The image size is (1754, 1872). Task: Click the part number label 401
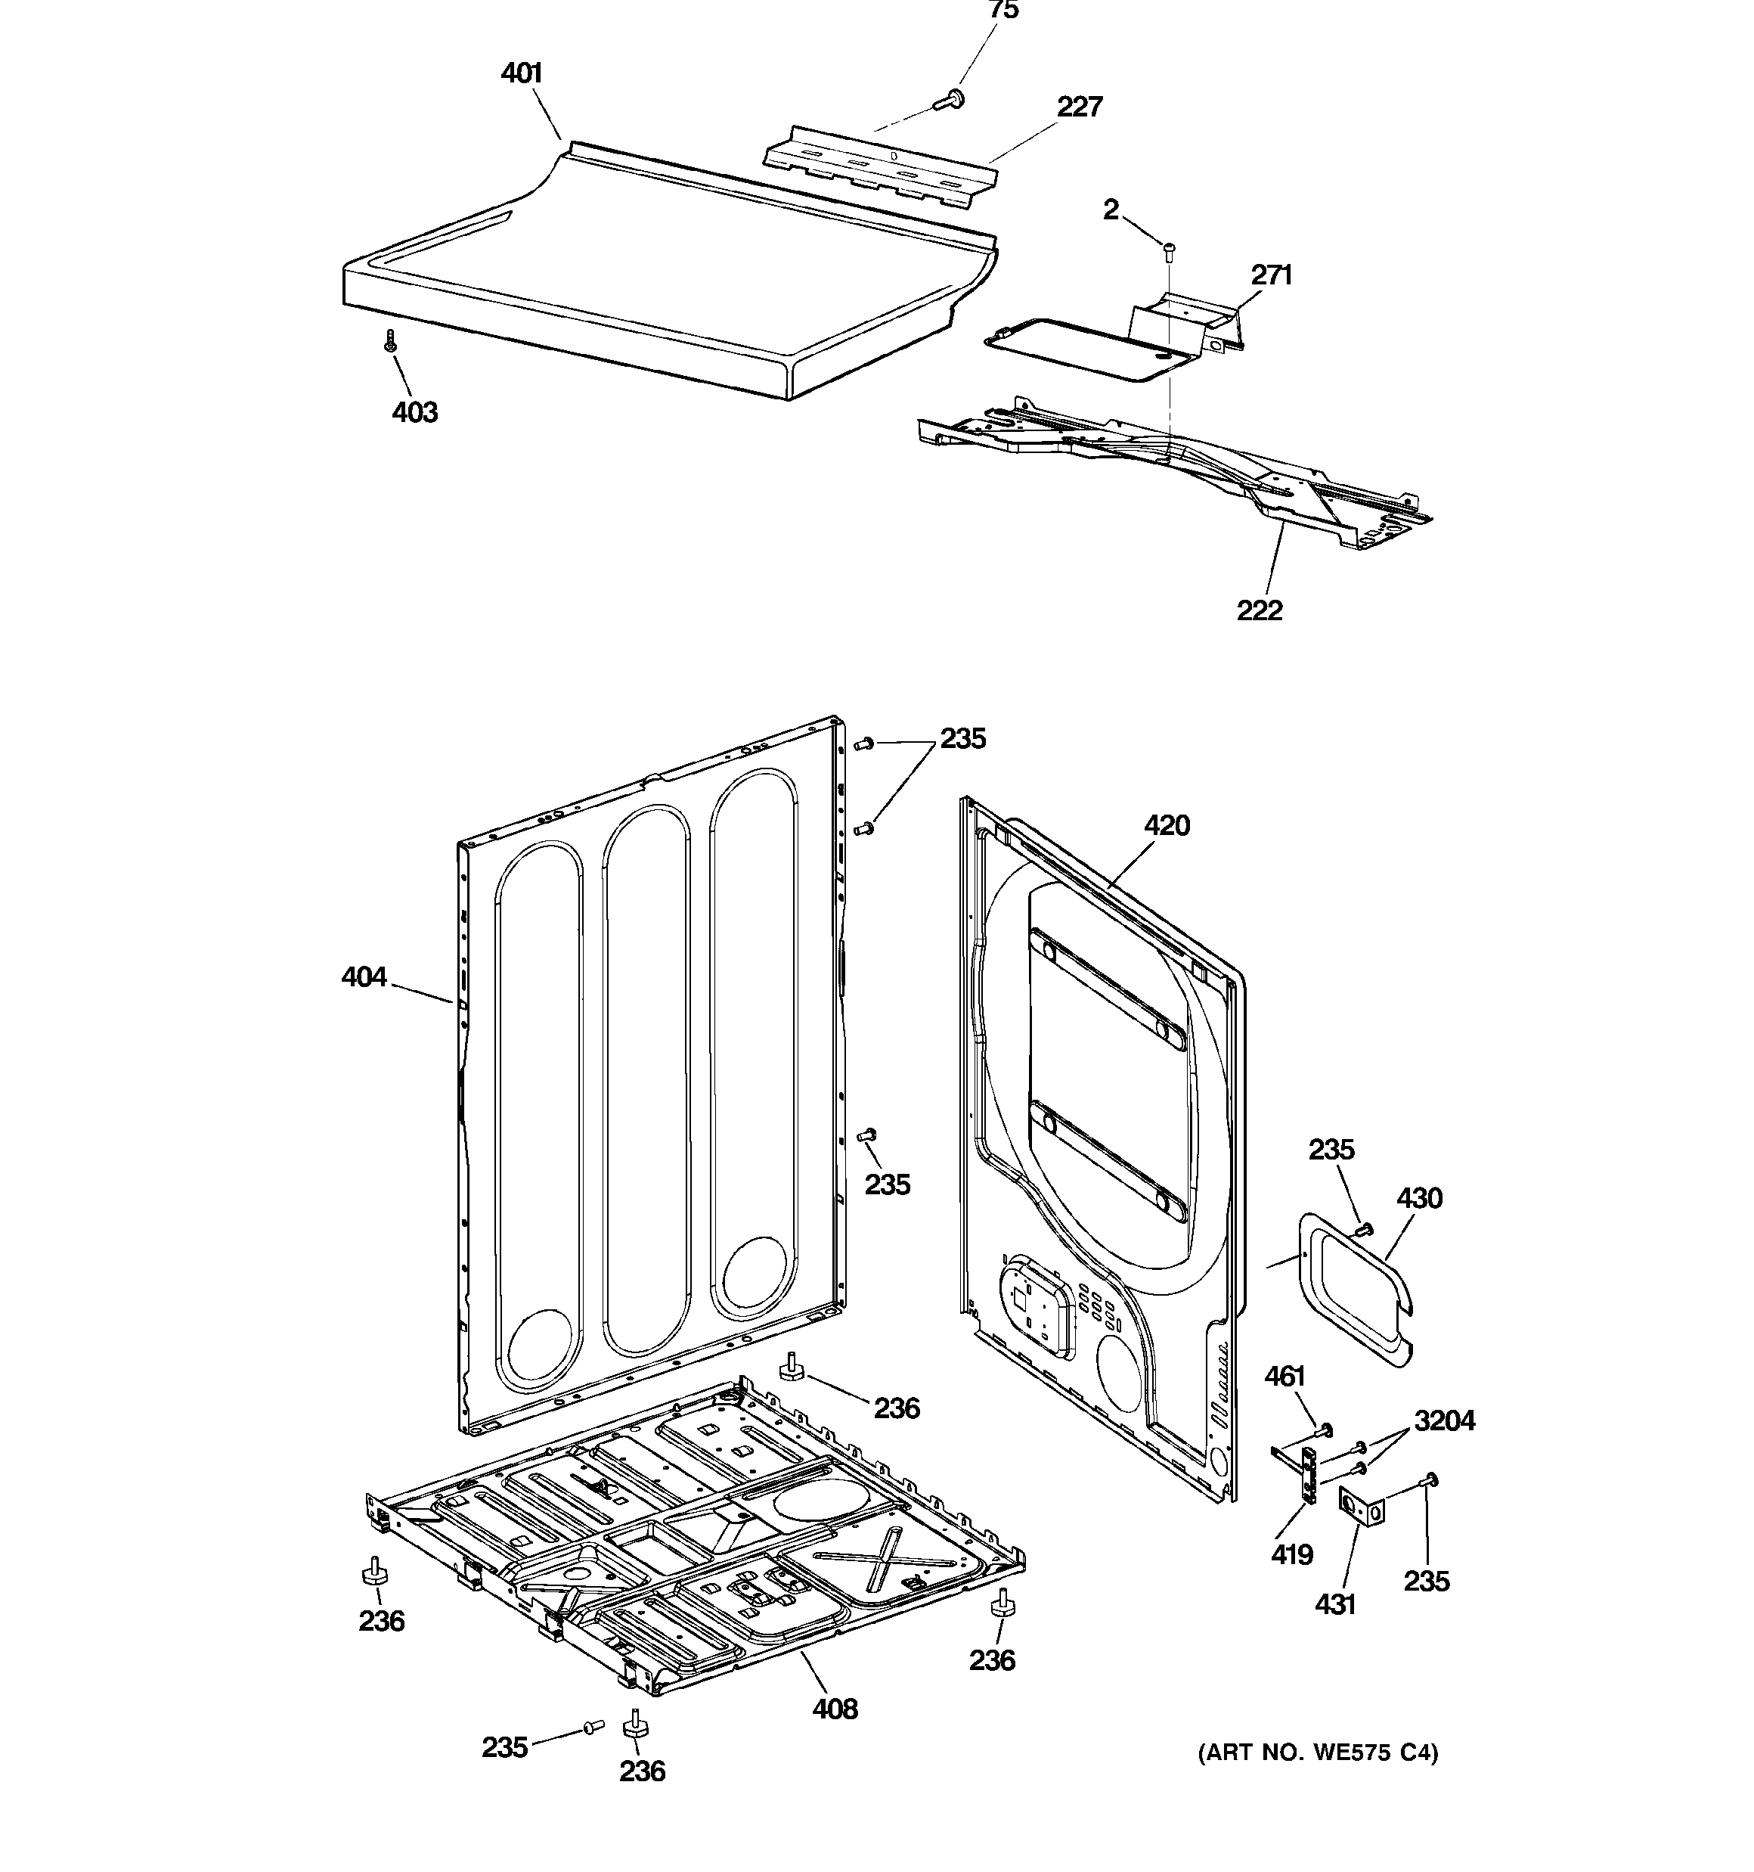pyautogui.click(x=522, y=73)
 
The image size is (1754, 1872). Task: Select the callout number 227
pyautogui.click(x=1079, y=107)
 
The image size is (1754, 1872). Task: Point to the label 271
pyautogui.click(x=1271, y=275)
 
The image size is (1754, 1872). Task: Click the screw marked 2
pyautogui.click(x=1170, y=249)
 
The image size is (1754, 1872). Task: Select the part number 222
pyautogui.click(x=1260, y=611)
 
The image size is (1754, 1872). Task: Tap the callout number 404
pyautogui.click(x=364, y=977)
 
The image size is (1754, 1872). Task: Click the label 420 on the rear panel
pyautogui.click(x=1167, y=826)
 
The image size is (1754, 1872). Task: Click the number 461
pyautogui.click(x=1285, y=1377)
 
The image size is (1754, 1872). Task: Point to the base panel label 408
pyautogui.click(x=835, y=1709)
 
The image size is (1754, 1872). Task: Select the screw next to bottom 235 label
pyautogui.click(x=592, y=1727)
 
